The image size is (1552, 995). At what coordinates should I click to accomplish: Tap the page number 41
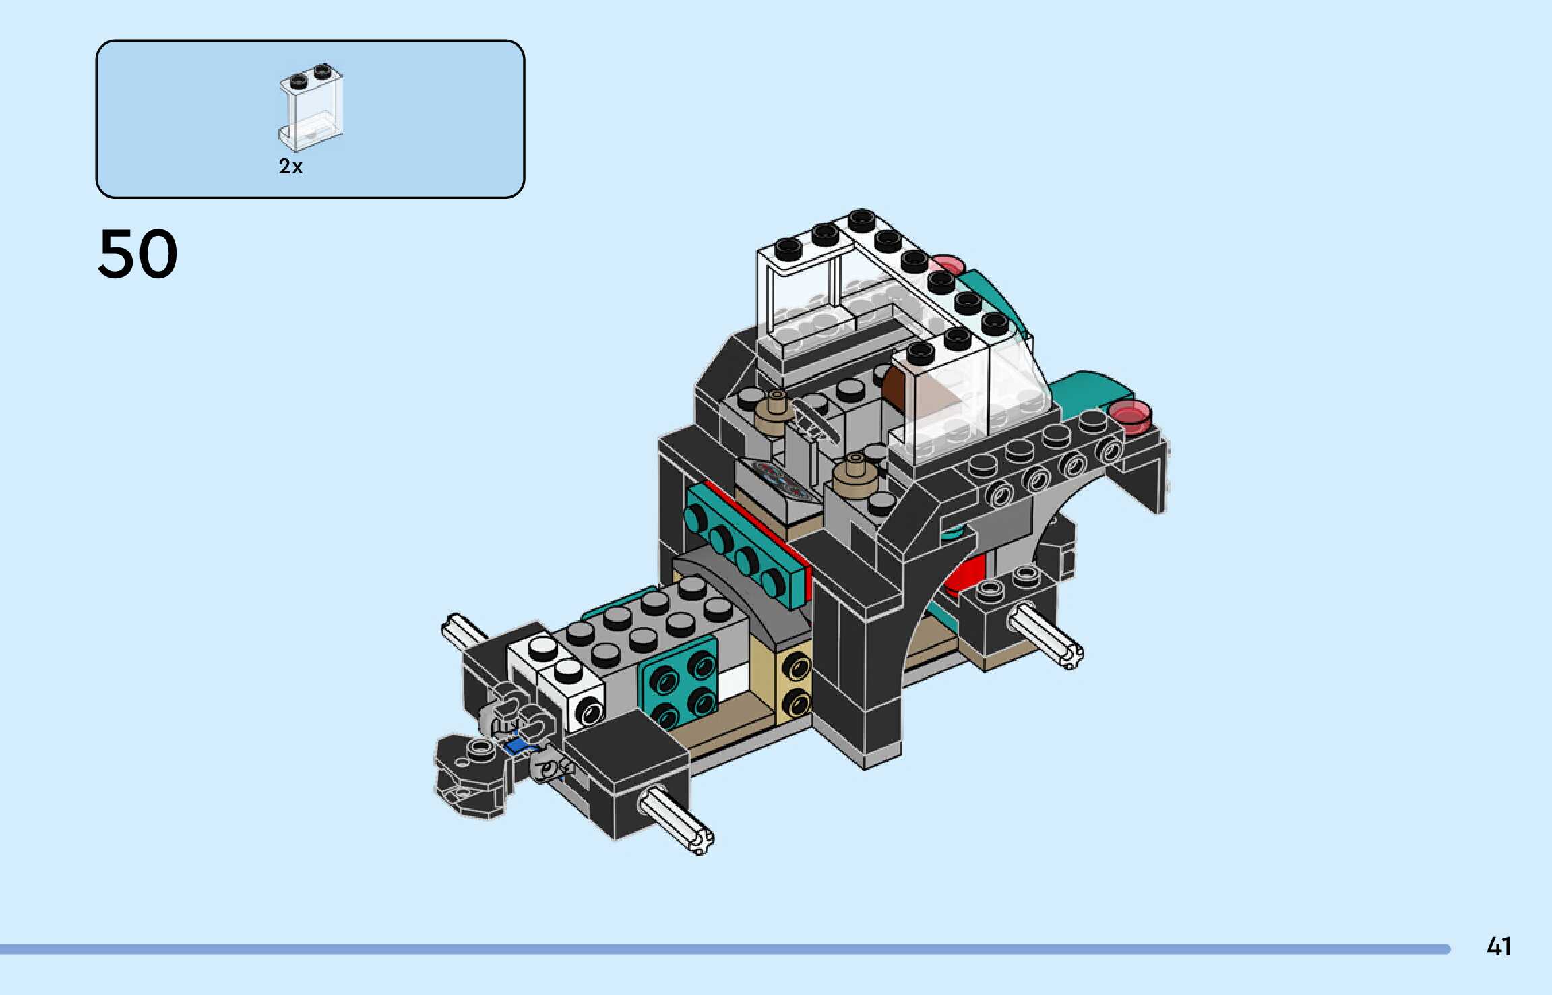pyautogui.click(x=1499, y=947)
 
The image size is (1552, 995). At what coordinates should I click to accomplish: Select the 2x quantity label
pyautogui.click(x=290, y=167)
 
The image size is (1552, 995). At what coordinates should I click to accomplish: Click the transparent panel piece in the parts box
pyautogui.click(x=311, y=108)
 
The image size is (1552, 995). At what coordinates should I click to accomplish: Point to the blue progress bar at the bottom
pyautogui.click(x=725, y=949)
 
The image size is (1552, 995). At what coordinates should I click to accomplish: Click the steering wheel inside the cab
pyautogui.click(x=815, y=421)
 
